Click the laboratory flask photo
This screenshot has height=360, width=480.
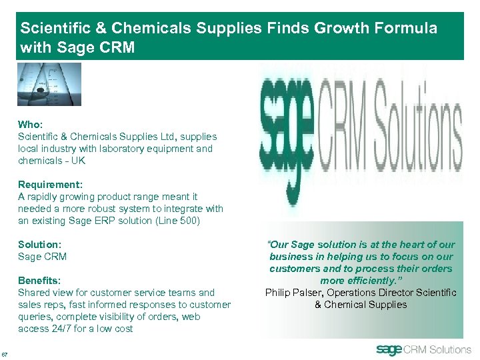[49, 84]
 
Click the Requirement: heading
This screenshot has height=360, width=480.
[47, 185]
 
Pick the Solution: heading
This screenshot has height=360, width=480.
[39, 245]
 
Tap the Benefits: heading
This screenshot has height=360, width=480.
[39, 281]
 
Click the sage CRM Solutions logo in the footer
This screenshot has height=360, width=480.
[423, 349]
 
